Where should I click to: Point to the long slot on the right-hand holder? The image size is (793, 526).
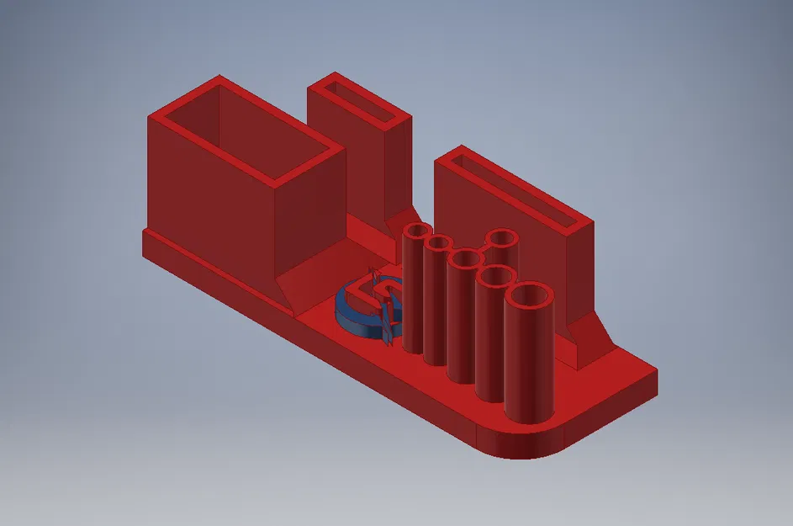(x=514, y=192)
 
